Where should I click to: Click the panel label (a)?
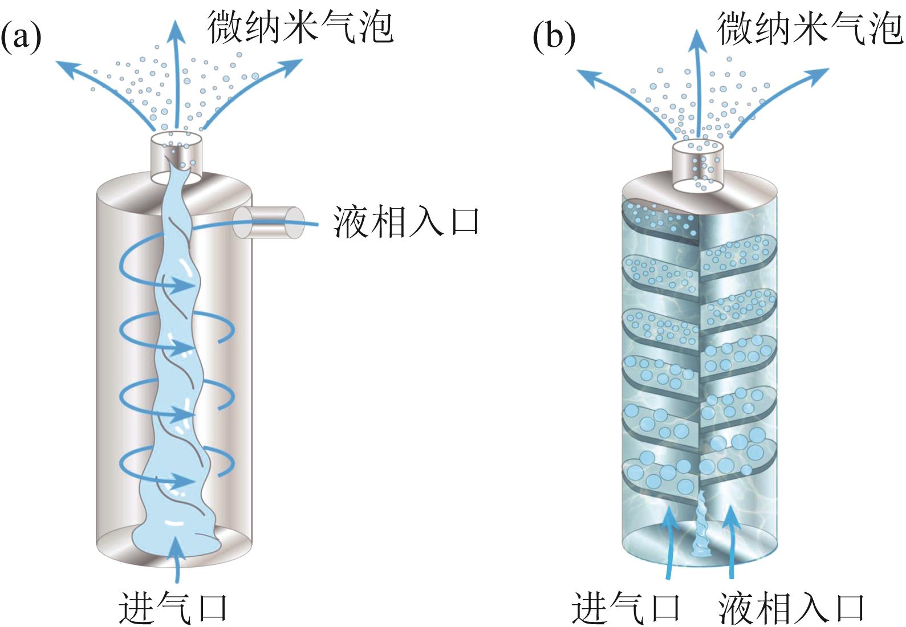tap(21, 36)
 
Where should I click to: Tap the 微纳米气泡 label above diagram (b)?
tap(810, 27)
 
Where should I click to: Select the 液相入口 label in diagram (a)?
tap(406, 221)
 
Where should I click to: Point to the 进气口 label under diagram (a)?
tap(173, 608)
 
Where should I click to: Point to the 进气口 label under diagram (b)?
tap(626, 608)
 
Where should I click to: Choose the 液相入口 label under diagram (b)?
tap(791, 608)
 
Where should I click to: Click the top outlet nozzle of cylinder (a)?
tap(177, 157)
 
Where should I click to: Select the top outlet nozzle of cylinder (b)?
tap(698, 165)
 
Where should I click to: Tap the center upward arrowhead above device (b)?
tap(697, 35)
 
